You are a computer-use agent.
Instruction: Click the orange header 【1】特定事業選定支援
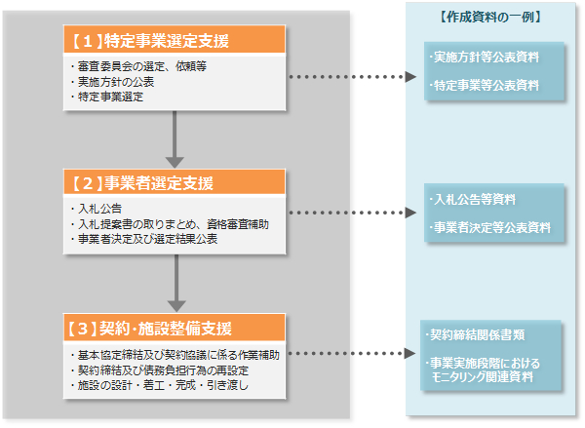175,40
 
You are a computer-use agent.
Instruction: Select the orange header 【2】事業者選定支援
175,182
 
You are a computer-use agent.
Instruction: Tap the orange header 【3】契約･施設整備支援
175,326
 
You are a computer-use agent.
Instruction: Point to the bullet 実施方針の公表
115,82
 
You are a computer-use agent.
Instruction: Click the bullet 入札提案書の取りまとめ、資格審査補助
172,224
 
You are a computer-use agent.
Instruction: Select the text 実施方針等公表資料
485,57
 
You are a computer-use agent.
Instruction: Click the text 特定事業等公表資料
485,85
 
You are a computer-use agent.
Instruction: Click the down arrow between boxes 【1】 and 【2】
175,138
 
